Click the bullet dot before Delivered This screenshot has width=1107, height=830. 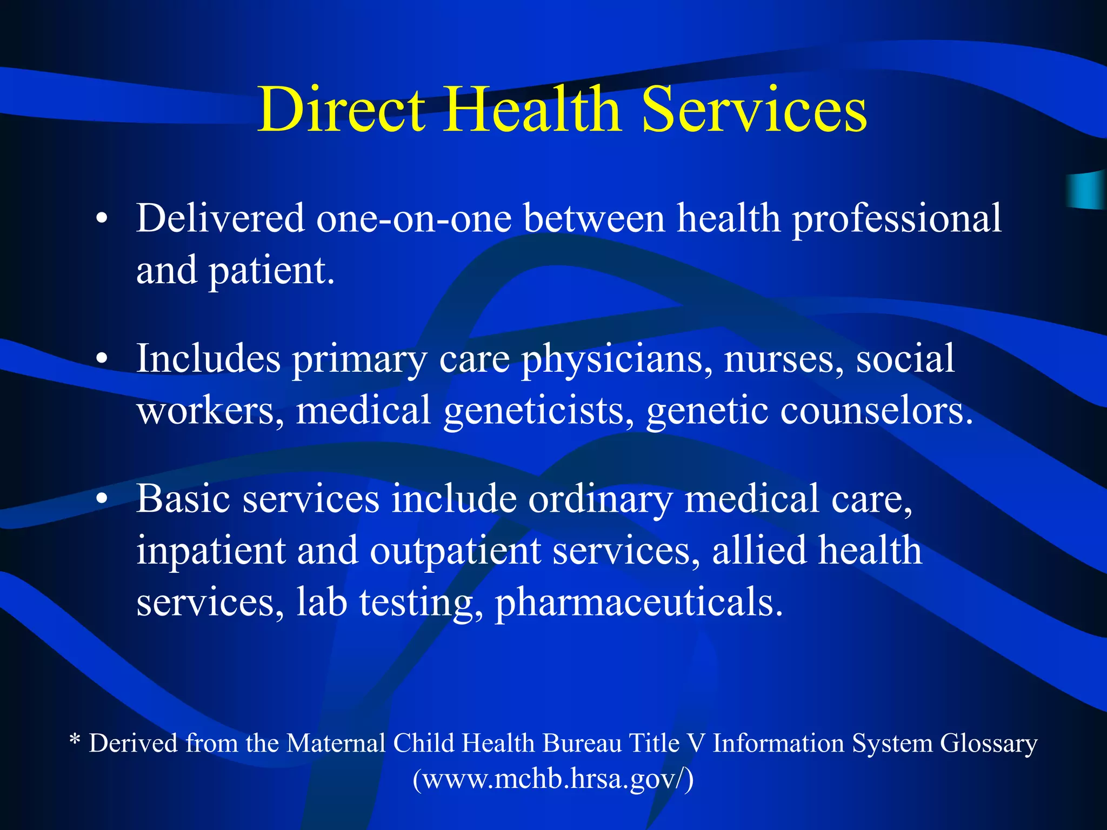coord(102,220)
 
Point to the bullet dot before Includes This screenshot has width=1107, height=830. coord(102,359)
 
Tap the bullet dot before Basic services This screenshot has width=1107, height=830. coord(102,499)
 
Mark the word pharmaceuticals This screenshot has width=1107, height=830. coord(638,603)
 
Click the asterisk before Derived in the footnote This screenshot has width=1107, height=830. coord(75,739)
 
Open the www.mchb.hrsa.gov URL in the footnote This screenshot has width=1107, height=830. coord(553,780)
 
